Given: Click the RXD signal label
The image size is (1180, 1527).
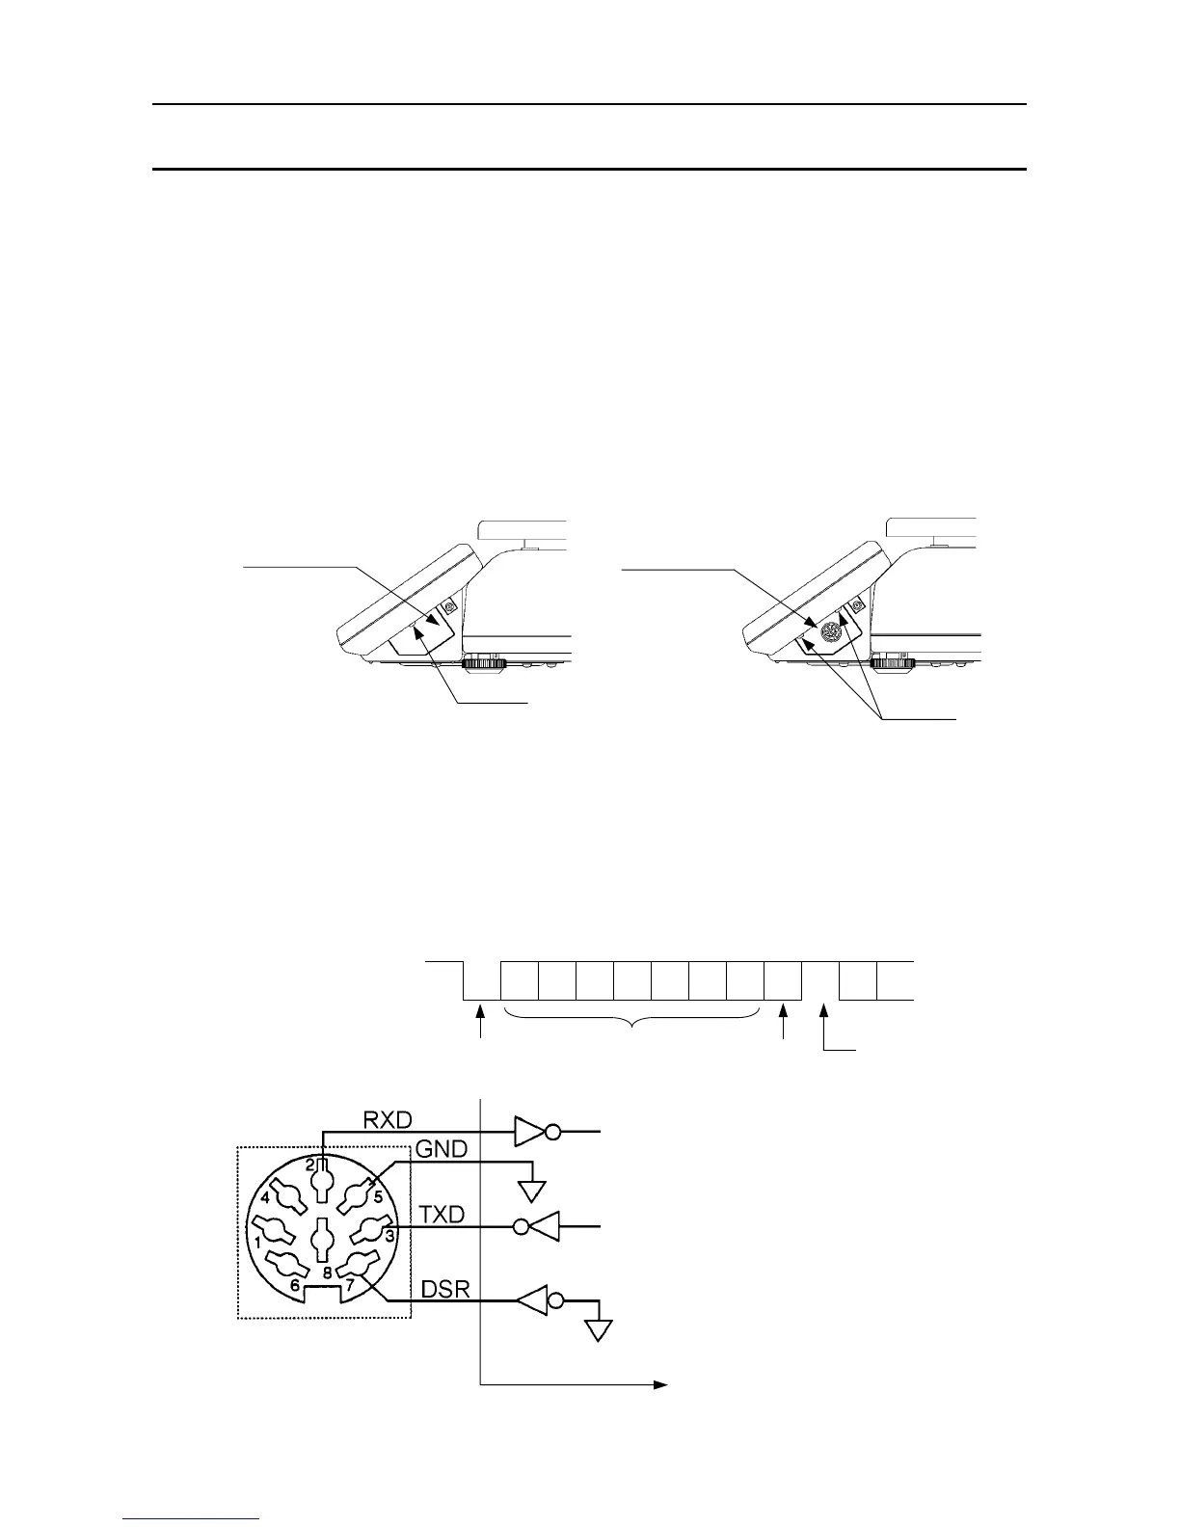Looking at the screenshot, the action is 388,1120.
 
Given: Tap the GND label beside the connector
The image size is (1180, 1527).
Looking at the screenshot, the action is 441,1149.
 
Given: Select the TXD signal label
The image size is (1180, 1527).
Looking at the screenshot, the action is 442,1217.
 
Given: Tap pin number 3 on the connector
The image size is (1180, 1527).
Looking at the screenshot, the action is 389,1235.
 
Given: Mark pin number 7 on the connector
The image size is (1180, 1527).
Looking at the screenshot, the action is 350,1284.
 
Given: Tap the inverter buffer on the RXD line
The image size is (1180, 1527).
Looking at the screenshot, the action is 533,1132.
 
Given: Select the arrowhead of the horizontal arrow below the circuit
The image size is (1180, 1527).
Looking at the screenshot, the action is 661,1385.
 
